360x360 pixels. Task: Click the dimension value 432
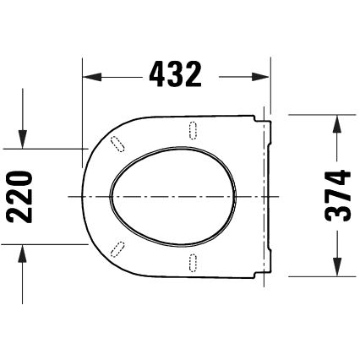click(176, 76)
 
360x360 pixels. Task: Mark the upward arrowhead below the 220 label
click(23, 251)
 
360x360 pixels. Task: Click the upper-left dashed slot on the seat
click(117, 142)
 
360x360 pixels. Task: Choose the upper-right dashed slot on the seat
click(193, 128)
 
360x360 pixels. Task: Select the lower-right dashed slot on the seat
click(193, 262)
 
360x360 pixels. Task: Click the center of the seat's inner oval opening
click(171, 195)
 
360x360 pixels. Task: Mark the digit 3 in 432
click(176, 76)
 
